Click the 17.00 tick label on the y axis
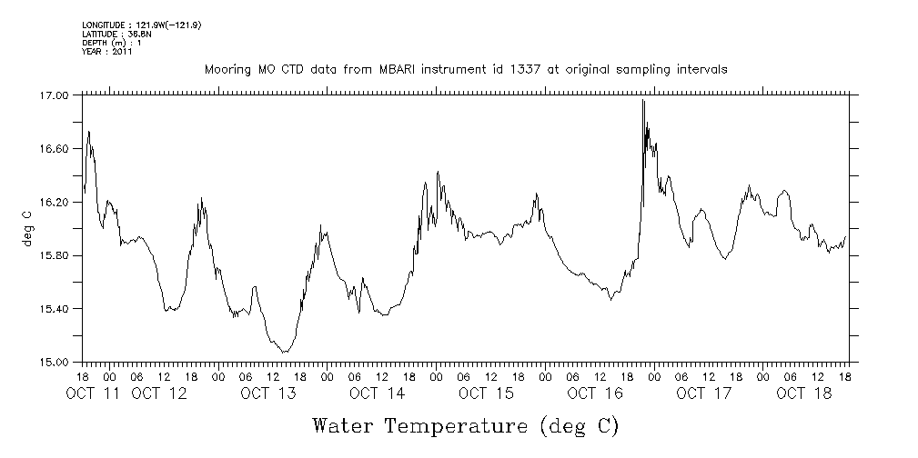(x=55, y=95)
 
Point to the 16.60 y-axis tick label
(x=55, y=149)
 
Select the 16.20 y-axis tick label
(x=55, y=203)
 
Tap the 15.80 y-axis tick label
(x=55, y=256)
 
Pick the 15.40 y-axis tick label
(x=55, y=310)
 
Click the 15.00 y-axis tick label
(x=55, y=363)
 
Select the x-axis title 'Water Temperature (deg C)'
(x=466, y=425)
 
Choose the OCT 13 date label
(x=268, y=393)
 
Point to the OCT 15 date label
(x=487, y=393)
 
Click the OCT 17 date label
(x=704, y=393)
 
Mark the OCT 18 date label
(x=804, y=393)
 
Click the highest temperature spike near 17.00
(x=643, y=101)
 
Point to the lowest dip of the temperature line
(x=285, y=352)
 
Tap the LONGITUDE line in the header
(x=141, y=25)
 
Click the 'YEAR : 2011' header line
(x=107, y=52)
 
